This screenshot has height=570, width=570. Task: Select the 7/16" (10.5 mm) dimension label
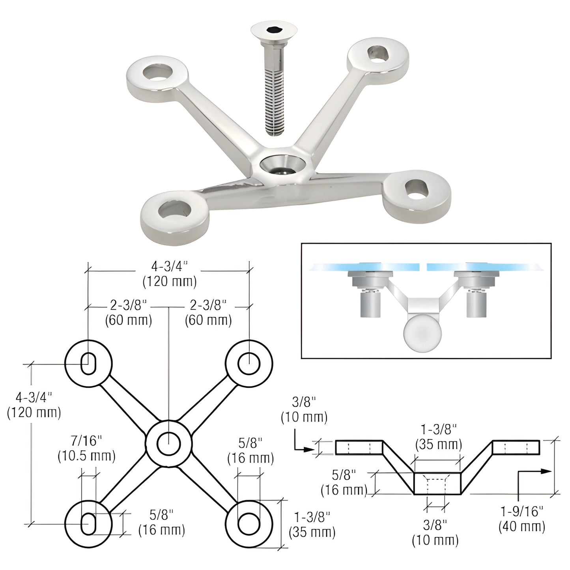coord(86,449)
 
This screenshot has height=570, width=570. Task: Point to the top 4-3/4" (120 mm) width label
coord(170,274)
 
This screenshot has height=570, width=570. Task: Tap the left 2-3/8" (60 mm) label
coord(129,313)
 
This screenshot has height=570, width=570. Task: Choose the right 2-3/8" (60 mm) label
coord(208,313)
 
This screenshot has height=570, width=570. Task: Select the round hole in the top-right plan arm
coord(249,363)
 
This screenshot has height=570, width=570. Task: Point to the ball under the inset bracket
coord(422,333)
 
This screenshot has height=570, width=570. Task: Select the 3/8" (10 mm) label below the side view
coord(435,533)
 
